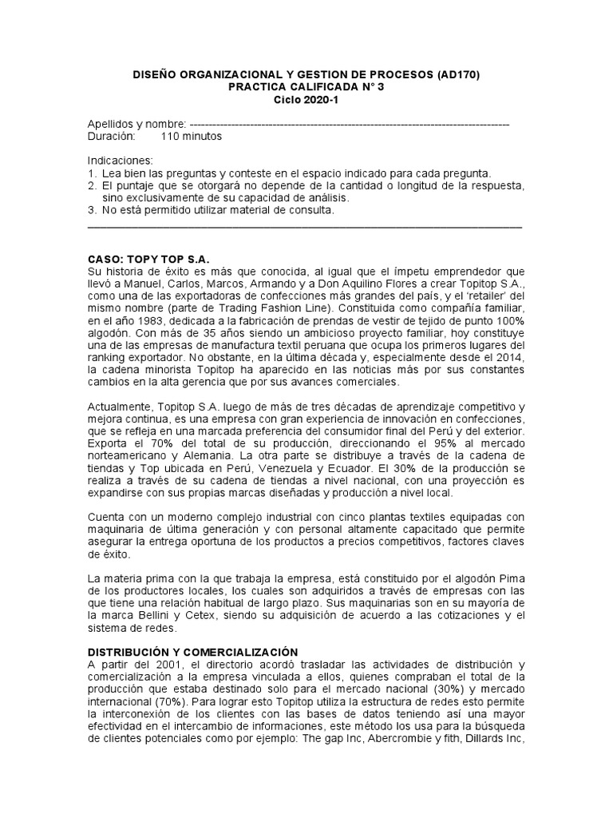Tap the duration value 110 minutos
click(x=192, y=136)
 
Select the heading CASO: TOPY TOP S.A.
click(x=148, y=260)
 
